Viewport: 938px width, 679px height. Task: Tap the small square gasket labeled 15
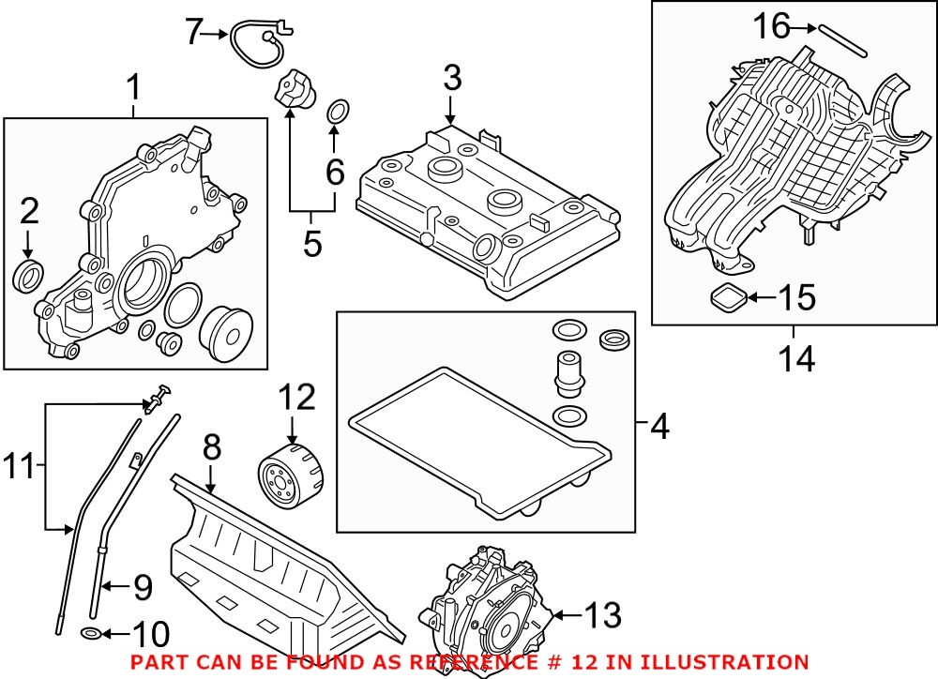(x=729, y=300)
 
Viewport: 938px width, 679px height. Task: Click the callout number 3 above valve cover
(x=452, y=79)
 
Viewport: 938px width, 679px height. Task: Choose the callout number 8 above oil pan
(x=211, y=447)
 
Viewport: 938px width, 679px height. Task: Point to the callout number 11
(x=20, y=464)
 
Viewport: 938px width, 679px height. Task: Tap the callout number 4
(x=659, y=428)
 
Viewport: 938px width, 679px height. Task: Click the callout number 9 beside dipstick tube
(x=142, y=588)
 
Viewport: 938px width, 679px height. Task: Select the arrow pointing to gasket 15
(x=762, y=299)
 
